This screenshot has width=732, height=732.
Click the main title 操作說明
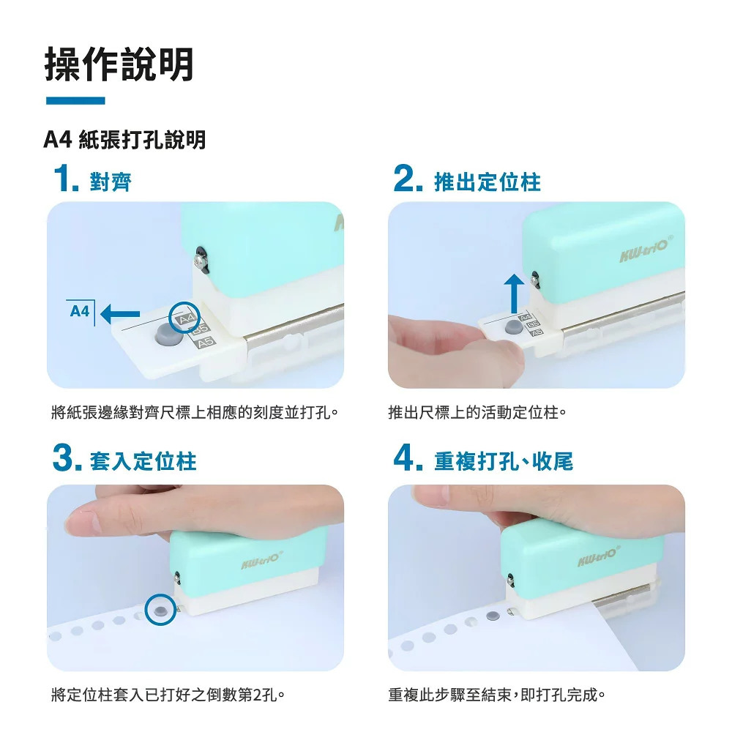click(x=119, y=64)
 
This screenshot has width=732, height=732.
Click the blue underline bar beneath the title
click(x=75, y=100)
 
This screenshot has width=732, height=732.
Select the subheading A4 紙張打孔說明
click(x=124, y=139)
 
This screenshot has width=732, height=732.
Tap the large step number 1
click(x=66, y=179)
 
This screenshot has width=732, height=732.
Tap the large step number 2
click(x=408, y=179)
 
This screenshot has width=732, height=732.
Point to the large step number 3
click(x=67, y=457)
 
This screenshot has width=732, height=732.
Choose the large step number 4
click(x=408, y=457)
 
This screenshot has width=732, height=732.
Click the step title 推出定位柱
click(x=488, y=182)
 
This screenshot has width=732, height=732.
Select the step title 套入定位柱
click(x=143, y=461)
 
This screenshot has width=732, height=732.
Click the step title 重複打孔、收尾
click(x=504, y=461)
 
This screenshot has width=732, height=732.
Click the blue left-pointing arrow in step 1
click(x=120, y=314)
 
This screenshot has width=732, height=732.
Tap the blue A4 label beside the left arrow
click(x=79, y=311)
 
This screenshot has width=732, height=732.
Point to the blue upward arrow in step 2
click(x=514, y=294)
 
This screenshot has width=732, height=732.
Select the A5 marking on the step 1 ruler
click(x=206, y=343)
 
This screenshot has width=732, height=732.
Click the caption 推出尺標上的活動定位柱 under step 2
click(x=477, y=413)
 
